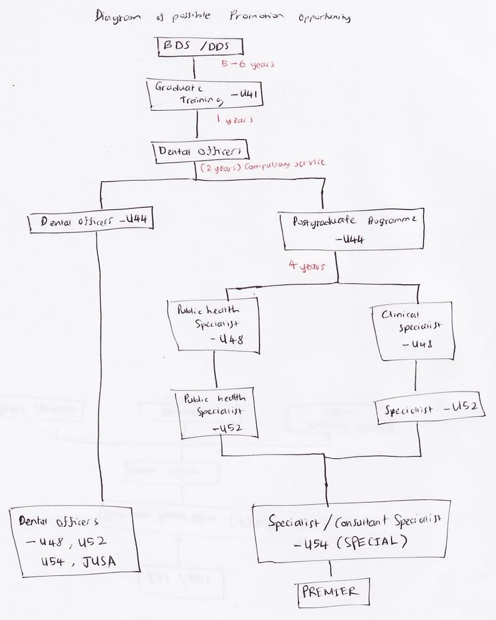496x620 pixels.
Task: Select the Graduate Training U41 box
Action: [206, 94]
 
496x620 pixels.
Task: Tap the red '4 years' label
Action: [307, 266]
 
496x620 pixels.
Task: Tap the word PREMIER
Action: [330, 591]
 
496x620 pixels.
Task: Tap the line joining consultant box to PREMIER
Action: [331, 572]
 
